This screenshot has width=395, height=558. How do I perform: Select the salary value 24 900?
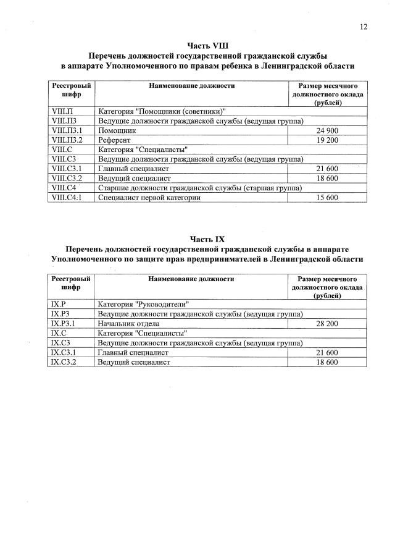click(327, 132)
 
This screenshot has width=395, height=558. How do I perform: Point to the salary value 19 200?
click(327, 140)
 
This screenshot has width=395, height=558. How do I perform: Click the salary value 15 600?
click(327, 198)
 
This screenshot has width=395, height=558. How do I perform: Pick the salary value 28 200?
click(327, 324)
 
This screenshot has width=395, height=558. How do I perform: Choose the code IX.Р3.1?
click(64, 324)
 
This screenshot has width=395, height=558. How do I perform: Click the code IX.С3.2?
click(64, 361)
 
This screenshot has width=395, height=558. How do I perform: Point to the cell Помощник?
click(117, 132)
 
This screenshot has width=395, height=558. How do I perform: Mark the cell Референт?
click(115, 140)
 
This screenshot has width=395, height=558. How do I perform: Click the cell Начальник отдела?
click(128, 324)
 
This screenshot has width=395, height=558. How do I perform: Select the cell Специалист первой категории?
click(149, 198)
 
